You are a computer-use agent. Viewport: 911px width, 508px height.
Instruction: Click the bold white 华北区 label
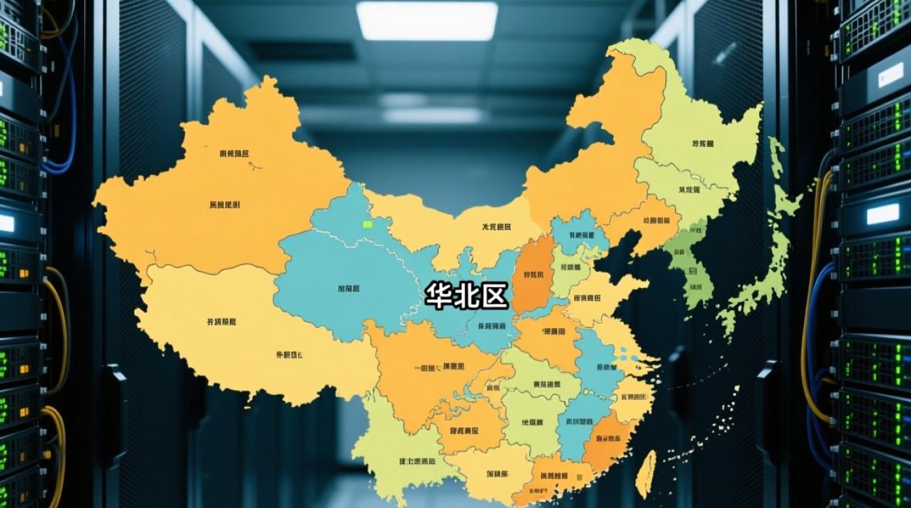[466, 296]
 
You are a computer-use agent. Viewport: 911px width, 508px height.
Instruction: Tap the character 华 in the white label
[439, 296]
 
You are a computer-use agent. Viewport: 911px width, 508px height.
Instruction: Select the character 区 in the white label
[494, 296]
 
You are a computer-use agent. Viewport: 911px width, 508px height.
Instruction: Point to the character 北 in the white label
[466, 296]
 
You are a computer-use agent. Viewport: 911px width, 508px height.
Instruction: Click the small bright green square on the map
[368, 224]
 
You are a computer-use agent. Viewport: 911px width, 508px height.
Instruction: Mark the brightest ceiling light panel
[427, 20]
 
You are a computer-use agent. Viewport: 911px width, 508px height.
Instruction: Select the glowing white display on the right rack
[883, 214]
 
